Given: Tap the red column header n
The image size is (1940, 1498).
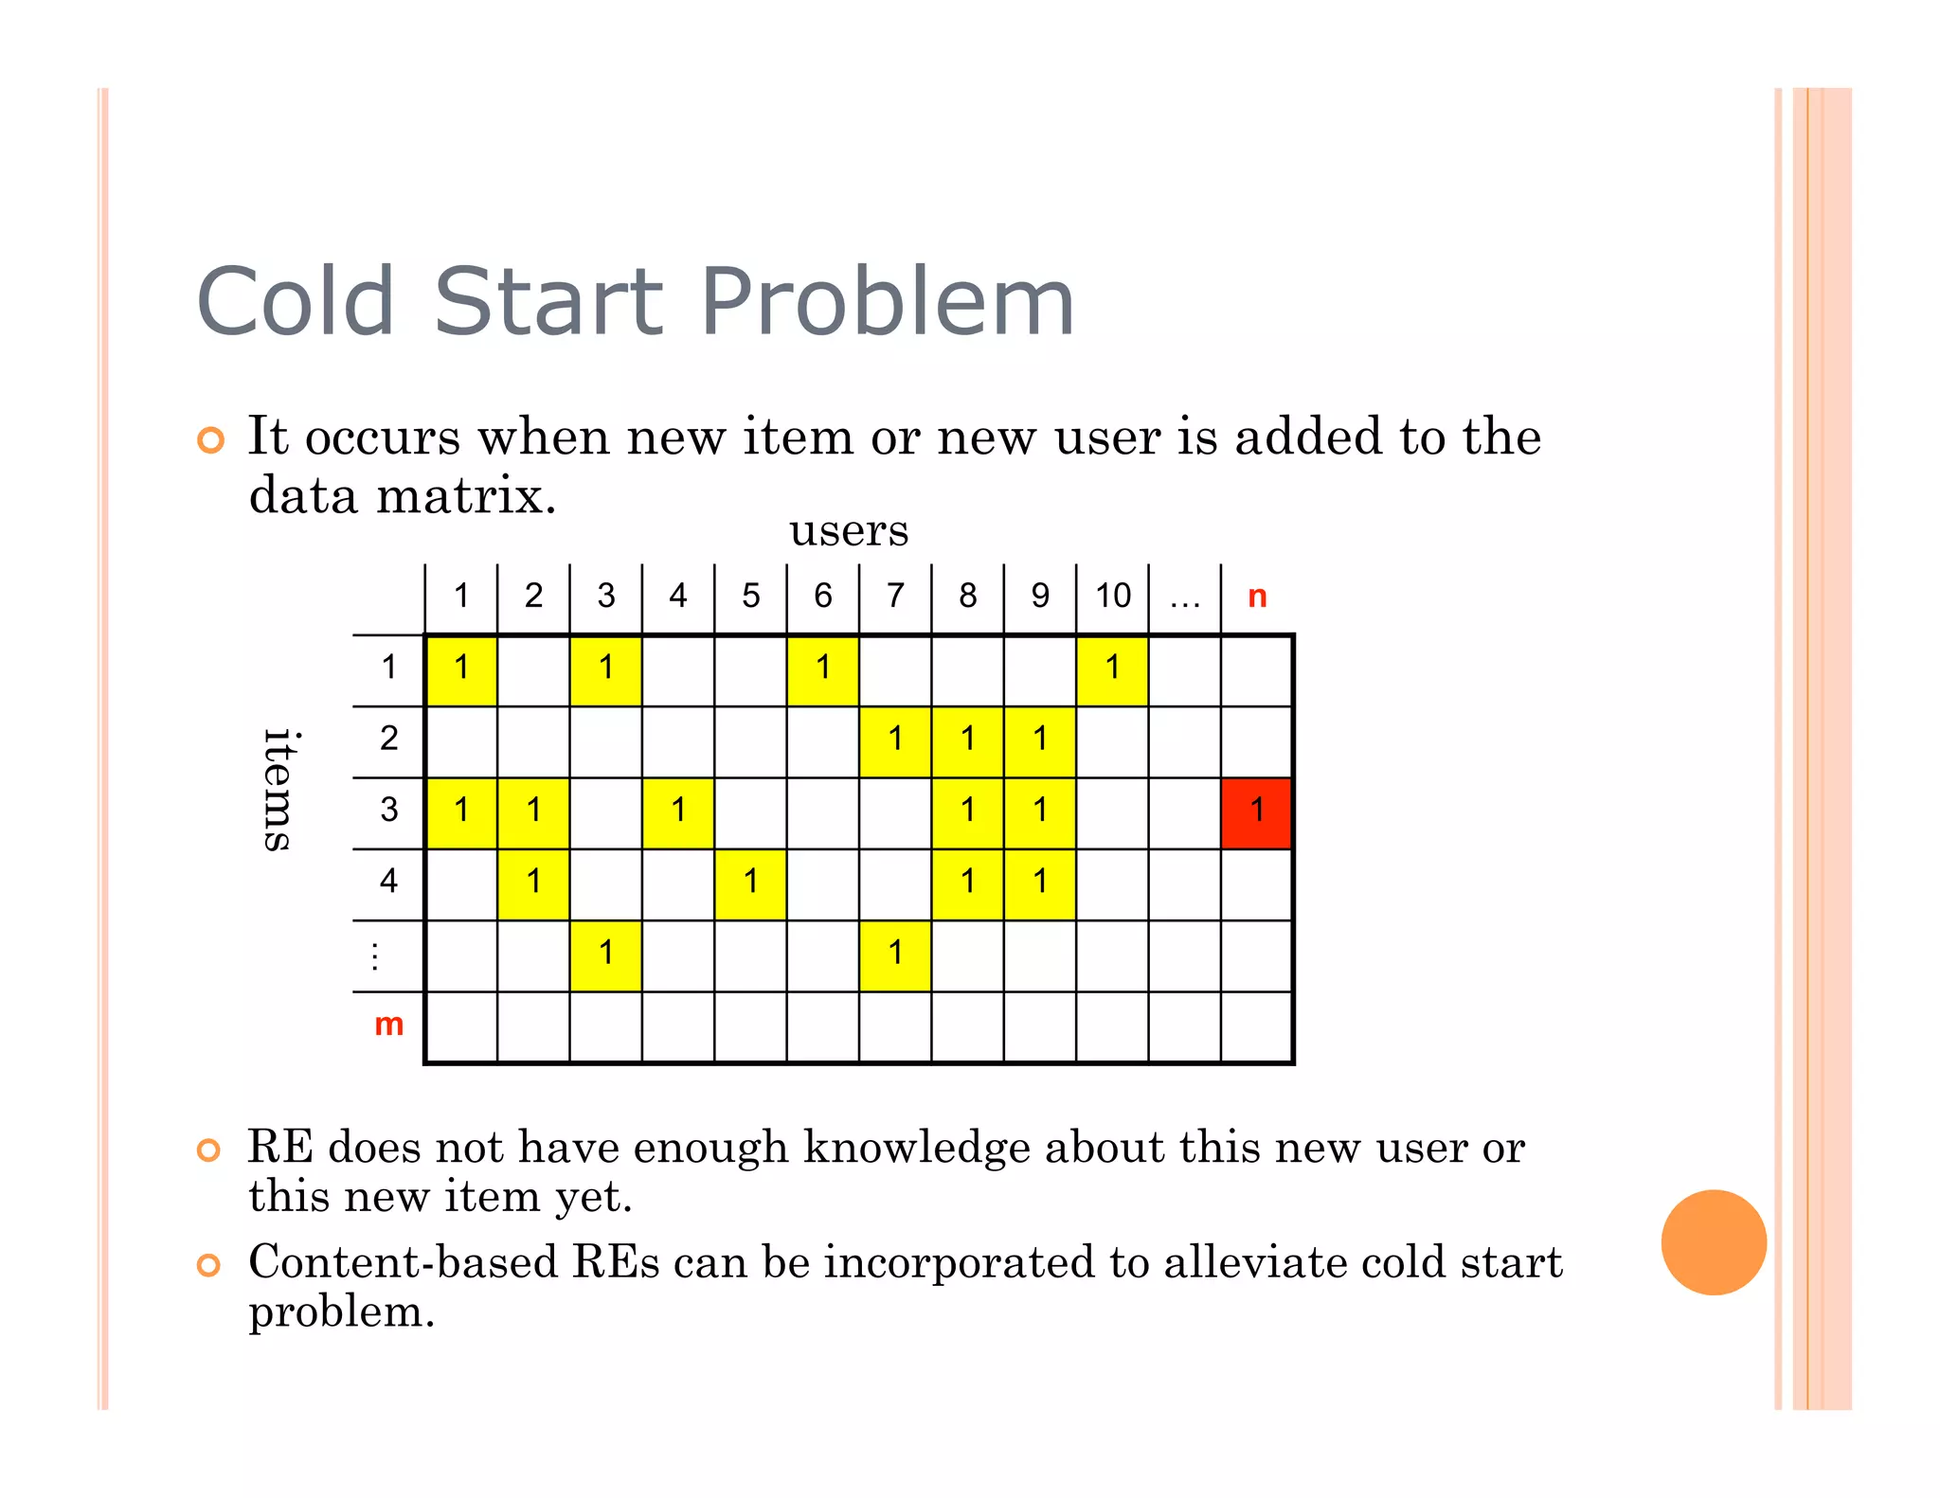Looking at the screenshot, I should [1257, 597].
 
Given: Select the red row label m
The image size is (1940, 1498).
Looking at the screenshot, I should [388, 1025].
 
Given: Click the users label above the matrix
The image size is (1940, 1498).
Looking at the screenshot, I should [849, 530].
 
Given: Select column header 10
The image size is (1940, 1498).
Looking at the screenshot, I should [1113, 597].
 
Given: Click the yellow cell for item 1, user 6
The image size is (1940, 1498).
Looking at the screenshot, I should [823, 669].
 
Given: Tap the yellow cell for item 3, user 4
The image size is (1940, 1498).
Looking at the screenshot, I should [678, 812].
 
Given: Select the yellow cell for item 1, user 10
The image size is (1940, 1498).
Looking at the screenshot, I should [1113, 669].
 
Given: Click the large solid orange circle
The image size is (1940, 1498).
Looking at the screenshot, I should [1714, 1242].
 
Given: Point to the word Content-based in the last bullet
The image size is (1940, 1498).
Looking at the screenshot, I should [403, 1263].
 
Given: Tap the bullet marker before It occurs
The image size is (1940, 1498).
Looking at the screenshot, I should [210, 440].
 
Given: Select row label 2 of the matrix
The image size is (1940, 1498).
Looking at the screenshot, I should [388, 740].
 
